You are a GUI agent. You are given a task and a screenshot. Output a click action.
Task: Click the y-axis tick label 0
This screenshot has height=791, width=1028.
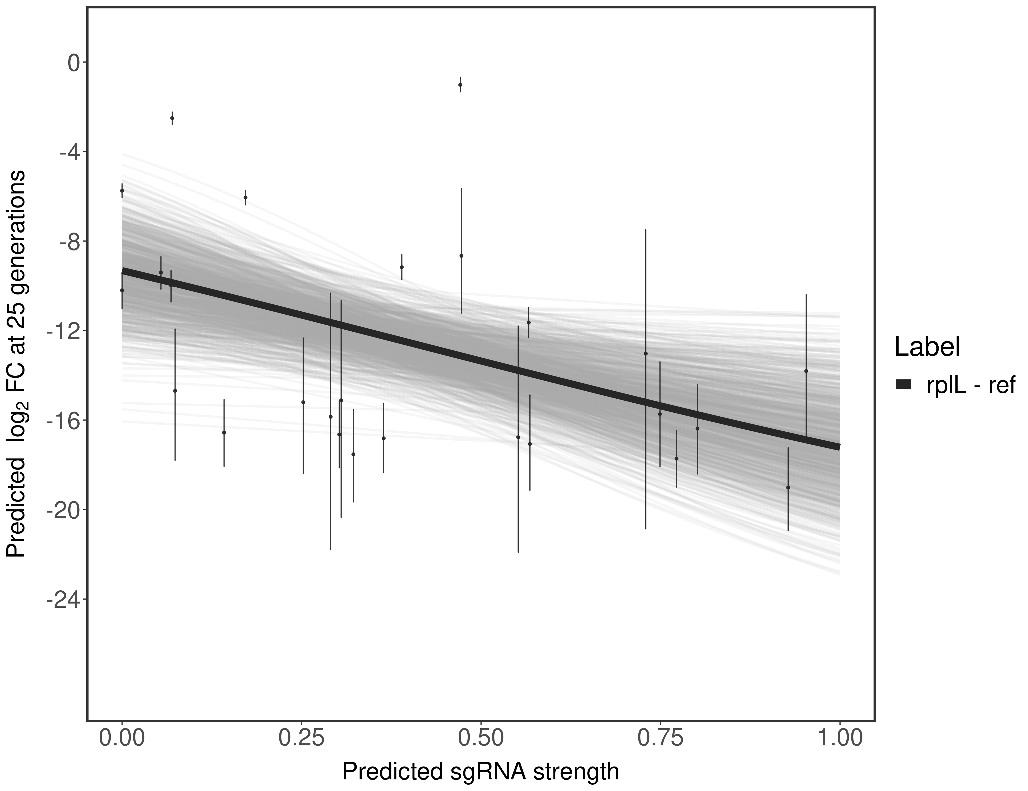[x=74, y=63]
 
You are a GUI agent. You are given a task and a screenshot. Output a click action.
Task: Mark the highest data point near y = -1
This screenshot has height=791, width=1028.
[x=460, y=85]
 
